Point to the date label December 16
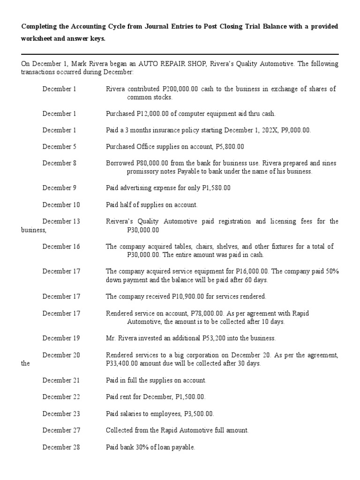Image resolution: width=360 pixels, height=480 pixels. point(61,247)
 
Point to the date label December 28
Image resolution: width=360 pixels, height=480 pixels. point(61,447)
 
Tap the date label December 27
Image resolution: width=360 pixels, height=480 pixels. point(61,430)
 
